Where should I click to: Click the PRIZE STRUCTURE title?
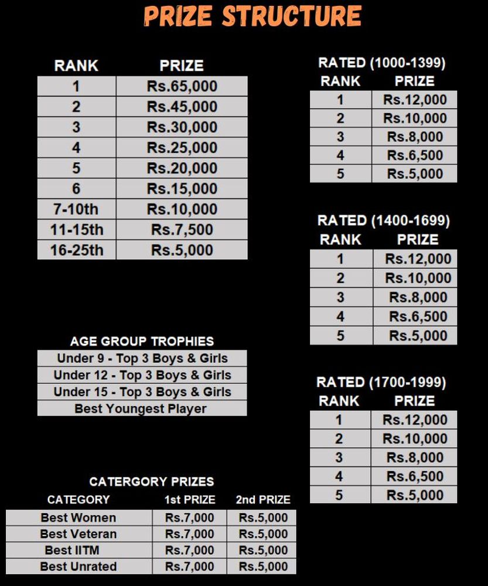coord(252,16)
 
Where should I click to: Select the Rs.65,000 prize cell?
coord(182,86)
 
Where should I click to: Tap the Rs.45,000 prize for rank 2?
coord(182,107)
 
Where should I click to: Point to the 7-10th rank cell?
coord(76,209)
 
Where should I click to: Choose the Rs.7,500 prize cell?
coord(182,230)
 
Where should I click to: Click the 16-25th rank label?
coord(76,250)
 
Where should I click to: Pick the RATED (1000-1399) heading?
coord(381,63)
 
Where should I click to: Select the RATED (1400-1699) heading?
coord(384,221)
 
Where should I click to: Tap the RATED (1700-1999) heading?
coord(381,383)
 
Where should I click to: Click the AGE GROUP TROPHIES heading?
coord(142,341)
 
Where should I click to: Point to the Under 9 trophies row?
coord(142,358)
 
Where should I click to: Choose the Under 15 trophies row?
coord(142,392)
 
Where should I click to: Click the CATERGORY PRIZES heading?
coord(151,482)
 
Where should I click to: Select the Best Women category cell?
coord(79,517)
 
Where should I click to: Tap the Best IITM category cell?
coord(79,550)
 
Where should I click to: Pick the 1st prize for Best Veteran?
coord(190,534)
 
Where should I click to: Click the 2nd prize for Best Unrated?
coord(263,567)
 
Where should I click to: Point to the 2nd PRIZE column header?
coord(263,500)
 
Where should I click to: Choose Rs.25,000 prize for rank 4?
coord(182,148)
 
